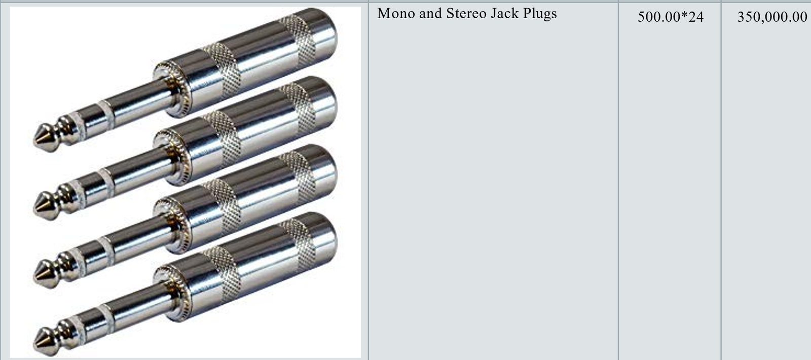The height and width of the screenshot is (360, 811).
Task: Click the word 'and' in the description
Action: coord(431,13)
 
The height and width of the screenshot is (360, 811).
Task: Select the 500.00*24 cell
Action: coord(671,17)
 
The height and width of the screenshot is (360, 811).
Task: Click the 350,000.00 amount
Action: coord(772,17)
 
